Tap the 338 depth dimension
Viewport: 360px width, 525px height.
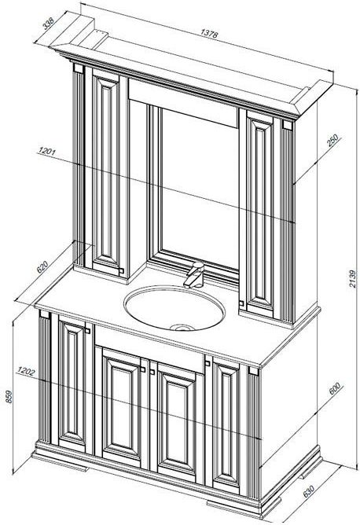coord(49,24)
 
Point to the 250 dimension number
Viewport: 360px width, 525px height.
coord(333,141)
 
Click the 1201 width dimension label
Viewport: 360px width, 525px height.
coord(47,151)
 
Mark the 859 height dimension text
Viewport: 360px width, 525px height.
coord(9,396)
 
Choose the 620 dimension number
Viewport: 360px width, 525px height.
coord(42,267)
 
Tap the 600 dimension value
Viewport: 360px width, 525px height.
coord(334,388)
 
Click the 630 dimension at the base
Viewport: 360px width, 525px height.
coord(308,490)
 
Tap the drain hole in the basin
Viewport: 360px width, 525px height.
coord(181,328)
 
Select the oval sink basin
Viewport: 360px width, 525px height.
coord(174,308)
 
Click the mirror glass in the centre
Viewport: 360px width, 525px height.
coord(200,188)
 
